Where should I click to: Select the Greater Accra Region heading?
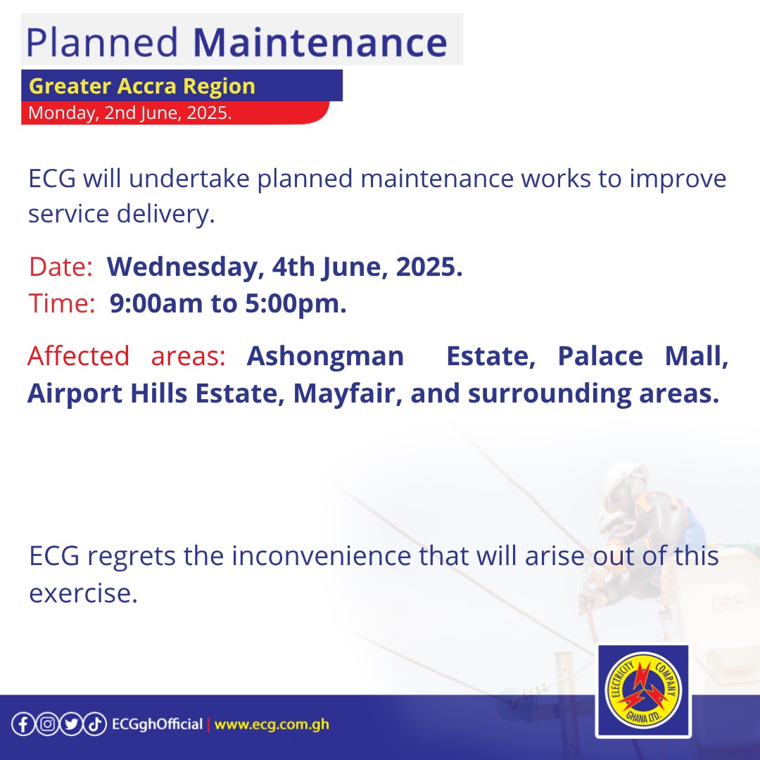pyautogui.click(x=141, y=87)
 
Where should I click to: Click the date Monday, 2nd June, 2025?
pyautogui.click(x=129, y=113)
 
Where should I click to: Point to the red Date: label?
pyautogui.click(x=61, y=267)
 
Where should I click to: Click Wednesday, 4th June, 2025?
pyautogui.click(x=284, y=267)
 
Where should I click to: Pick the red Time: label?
pyautogui.click(x=62, y=304)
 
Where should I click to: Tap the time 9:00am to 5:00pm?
pyautogui.click(x=228, y=304)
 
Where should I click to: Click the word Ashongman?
pyautogui.click(x=325, y=356)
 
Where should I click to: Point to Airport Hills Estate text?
pyautogui.click(x=155, y=393)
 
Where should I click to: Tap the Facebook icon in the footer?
pyautogui.click(x=23, y=725)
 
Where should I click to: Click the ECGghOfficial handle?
pyautogui.click(x=157, y=725)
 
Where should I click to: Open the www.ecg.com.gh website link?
pyautogui.click(x=272, y=725)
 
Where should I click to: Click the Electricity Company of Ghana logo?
pyautogui.click(x=642, y=692)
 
